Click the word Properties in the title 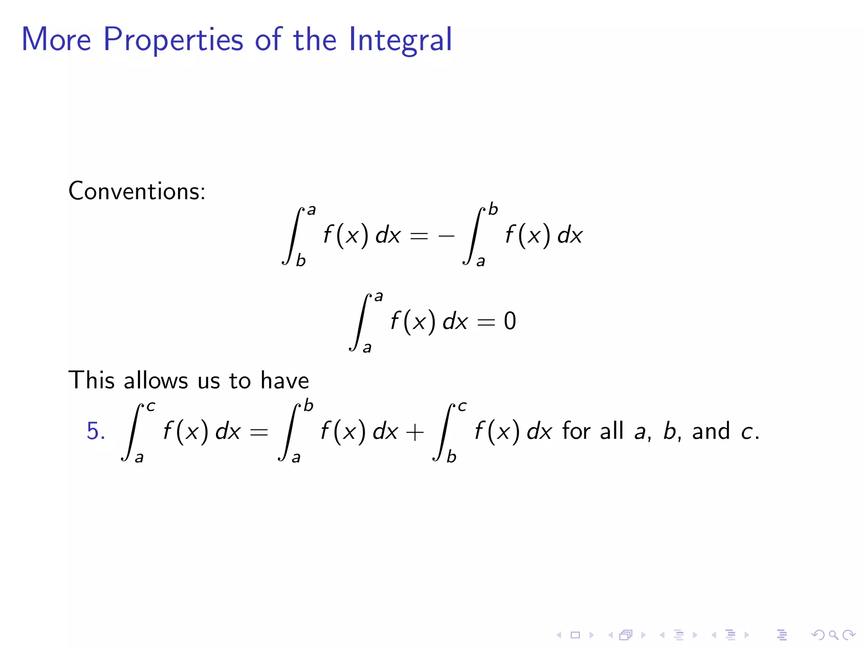tap(173, 40)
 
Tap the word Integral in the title tap(400, 40)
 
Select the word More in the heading tap(56, 39)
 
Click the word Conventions tap(137, 191)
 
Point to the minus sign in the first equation tap(446, 236)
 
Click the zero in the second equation tap(510, 321)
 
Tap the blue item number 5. tap(96, 431)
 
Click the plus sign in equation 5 tap(415, 432)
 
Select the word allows tap(156, 380)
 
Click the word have tap(285, 380)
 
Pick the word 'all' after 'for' tap(611, 431)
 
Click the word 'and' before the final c tap(711, 431)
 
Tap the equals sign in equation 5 tap(259, 432)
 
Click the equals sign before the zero tap(486, 322)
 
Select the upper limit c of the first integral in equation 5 tap(151, 406)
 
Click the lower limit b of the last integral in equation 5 tap(451, 456)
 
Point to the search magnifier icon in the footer tap(833, 635)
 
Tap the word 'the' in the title tap(315, 40)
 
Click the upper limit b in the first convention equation tap(493, 209)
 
